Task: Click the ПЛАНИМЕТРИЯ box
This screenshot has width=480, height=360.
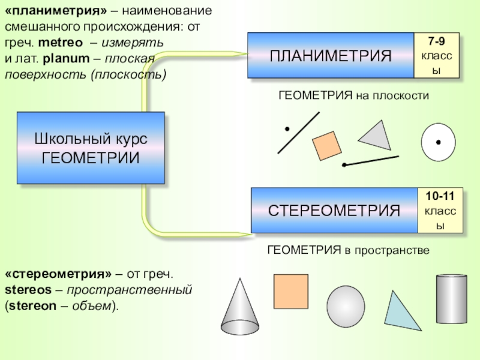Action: (x=331, y=56)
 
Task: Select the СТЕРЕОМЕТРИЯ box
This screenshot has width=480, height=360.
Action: (x=334, y=210)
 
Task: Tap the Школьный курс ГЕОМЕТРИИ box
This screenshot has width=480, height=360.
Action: (x=91, y=148)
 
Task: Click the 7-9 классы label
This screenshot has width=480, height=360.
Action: (x=436, y=55)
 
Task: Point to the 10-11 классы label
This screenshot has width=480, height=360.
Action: (x=440, y=210)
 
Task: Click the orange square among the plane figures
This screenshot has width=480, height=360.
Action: (x=326, y=146)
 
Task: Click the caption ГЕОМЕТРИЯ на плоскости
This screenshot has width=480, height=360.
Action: (x=354, y=95)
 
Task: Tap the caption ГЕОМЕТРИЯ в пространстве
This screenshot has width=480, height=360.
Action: (x=348, y=250)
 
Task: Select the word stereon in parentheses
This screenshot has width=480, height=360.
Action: (x=28, y=305)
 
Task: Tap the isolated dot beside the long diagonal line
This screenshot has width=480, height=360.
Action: (x=287, y=128)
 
